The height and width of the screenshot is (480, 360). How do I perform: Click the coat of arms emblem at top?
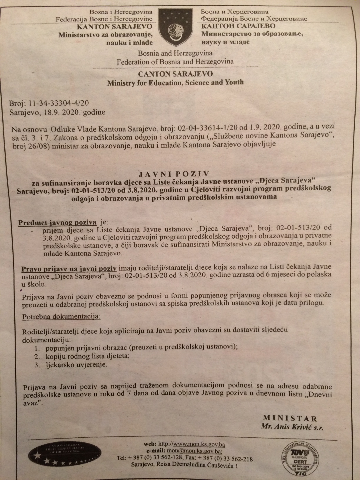coord(176,27)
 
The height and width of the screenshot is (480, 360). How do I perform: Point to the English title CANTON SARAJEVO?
coord(176,74)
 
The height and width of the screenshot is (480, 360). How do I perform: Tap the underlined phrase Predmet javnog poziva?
coord(57,222)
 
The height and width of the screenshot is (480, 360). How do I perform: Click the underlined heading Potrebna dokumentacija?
coord(61,317)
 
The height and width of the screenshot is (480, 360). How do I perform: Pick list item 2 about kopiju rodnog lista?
coord(87,356)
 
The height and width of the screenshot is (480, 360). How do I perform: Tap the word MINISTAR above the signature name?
coord(290,418)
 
